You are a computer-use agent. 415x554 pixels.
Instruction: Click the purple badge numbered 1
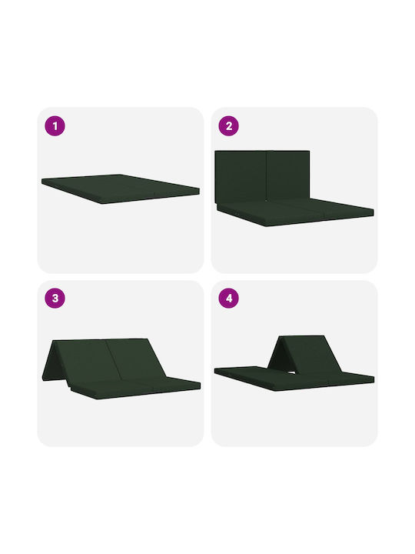[x=55, y=125]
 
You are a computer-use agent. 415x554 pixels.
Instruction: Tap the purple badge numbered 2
[x=229, y=125]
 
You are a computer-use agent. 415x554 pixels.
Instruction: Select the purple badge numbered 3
[x=55, y=299]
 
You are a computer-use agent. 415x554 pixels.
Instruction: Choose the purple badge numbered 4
[x=229, y=299]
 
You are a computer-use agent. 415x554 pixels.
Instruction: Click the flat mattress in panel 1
[x=120, y=189]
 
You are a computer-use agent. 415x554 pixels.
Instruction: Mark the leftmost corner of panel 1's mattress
[x=41, y=181]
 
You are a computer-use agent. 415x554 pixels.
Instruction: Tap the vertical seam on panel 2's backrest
[x=266, y=176]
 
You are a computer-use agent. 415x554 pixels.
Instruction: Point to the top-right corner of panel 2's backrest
[x=310, y=152]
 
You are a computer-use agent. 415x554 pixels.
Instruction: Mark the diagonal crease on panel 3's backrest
[x=115, y=359]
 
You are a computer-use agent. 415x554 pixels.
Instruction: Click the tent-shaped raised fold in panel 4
[x=304, y=353]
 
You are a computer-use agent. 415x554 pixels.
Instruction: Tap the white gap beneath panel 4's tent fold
[x=292, y=372]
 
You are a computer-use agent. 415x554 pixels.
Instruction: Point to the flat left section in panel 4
[x=244, y=374]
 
